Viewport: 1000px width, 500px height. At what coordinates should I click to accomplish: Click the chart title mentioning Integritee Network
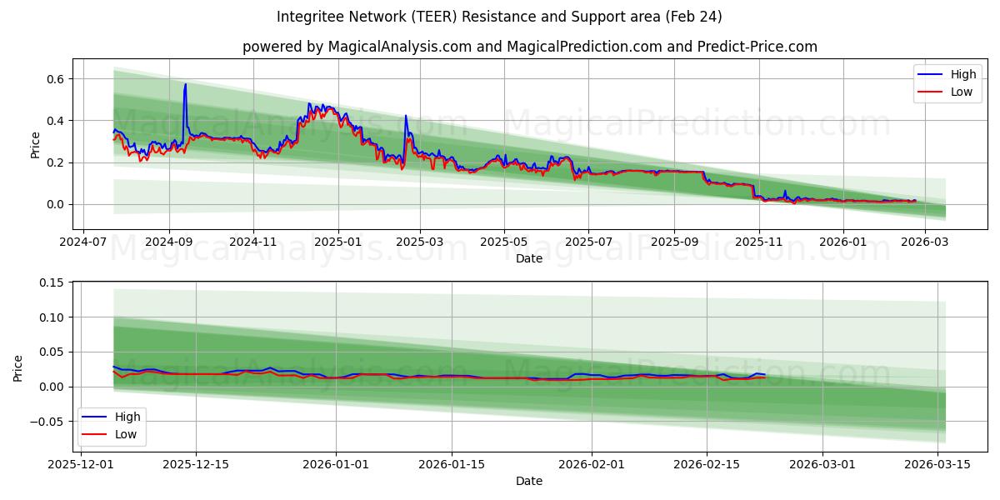pos(500,17)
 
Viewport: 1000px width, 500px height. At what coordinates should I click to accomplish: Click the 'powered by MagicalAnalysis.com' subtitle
pos(529,47)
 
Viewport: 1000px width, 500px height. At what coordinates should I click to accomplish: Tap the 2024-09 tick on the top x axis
pos(169,242)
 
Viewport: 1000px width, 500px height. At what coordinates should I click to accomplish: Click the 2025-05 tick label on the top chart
pos(504,242)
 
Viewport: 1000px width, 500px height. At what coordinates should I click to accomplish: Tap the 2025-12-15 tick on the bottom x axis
pos(196,464)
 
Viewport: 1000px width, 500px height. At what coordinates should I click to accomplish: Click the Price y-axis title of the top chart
pos(35,145)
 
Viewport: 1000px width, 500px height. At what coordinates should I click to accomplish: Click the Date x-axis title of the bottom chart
pos(529,481)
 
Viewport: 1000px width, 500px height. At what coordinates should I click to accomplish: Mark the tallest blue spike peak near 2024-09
pos(185,84)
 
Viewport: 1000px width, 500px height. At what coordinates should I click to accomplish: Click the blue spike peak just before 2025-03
pos(406,116)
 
